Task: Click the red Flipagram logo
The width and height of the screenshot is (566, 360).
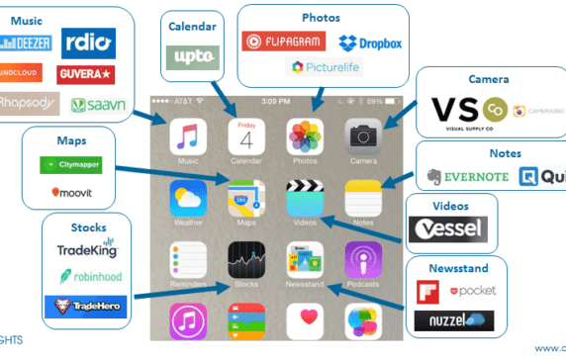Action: click(283, 43)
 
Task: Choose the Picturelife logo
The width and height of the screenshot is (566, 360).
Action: click(324, 67)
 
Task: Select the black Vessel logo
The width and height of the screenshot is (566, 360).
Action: click(447, 229)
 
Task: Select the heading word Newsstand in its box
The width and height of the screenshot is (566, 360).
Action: click(457, 270)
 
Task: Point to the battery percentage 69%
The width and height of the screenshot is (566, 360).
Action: click(372, 101)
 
